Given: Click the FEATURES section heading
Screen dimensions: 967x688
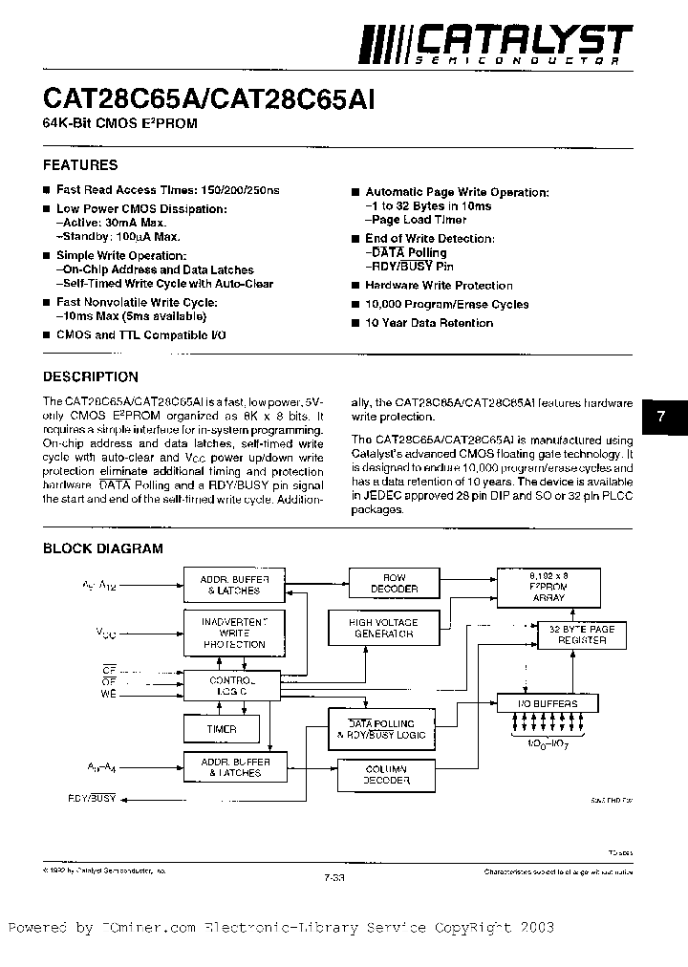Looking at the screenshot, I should point(80,165).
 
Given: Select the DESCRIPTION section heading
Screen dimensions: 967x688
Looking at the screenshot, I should point(91,376).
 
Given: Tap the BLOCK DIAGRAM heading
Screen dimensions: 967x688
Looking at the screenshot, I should point(103,548).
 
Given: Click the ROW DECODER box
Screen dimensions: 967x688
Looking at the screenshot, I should point(394,584).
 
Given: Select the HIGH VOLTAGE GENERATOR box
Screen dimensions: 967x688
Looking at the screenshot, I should point(383,628).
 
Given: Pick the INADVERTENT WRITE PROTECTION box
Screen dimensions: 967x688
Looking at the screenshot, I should point(233,633).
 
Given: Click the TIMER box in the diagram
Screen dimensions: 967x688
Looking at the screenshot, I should point(222,729).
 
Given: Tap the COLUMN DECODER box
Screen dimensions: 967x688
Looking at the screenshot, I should point(386,775).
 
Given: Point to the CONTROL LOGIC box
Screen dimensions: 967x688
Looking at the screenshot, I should point(232,685).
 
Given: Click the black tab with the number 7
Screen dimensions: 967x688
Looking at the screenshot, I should point(662,416).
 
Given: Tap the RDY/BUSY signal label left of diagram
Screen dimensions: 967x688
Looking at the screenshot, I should point(92,794).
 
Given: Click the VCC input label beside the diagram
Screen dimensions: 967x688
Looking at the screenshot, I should point(105,632).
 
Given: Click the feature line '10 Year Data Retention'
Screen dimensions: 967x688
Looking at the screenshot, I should point(429,323).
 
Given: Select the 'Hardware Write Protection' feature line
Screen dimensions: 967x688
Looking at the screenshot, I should point(439,286).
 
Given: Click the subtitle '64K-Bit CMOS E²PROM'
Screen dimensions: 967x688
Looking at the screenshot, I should point(119,125).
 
